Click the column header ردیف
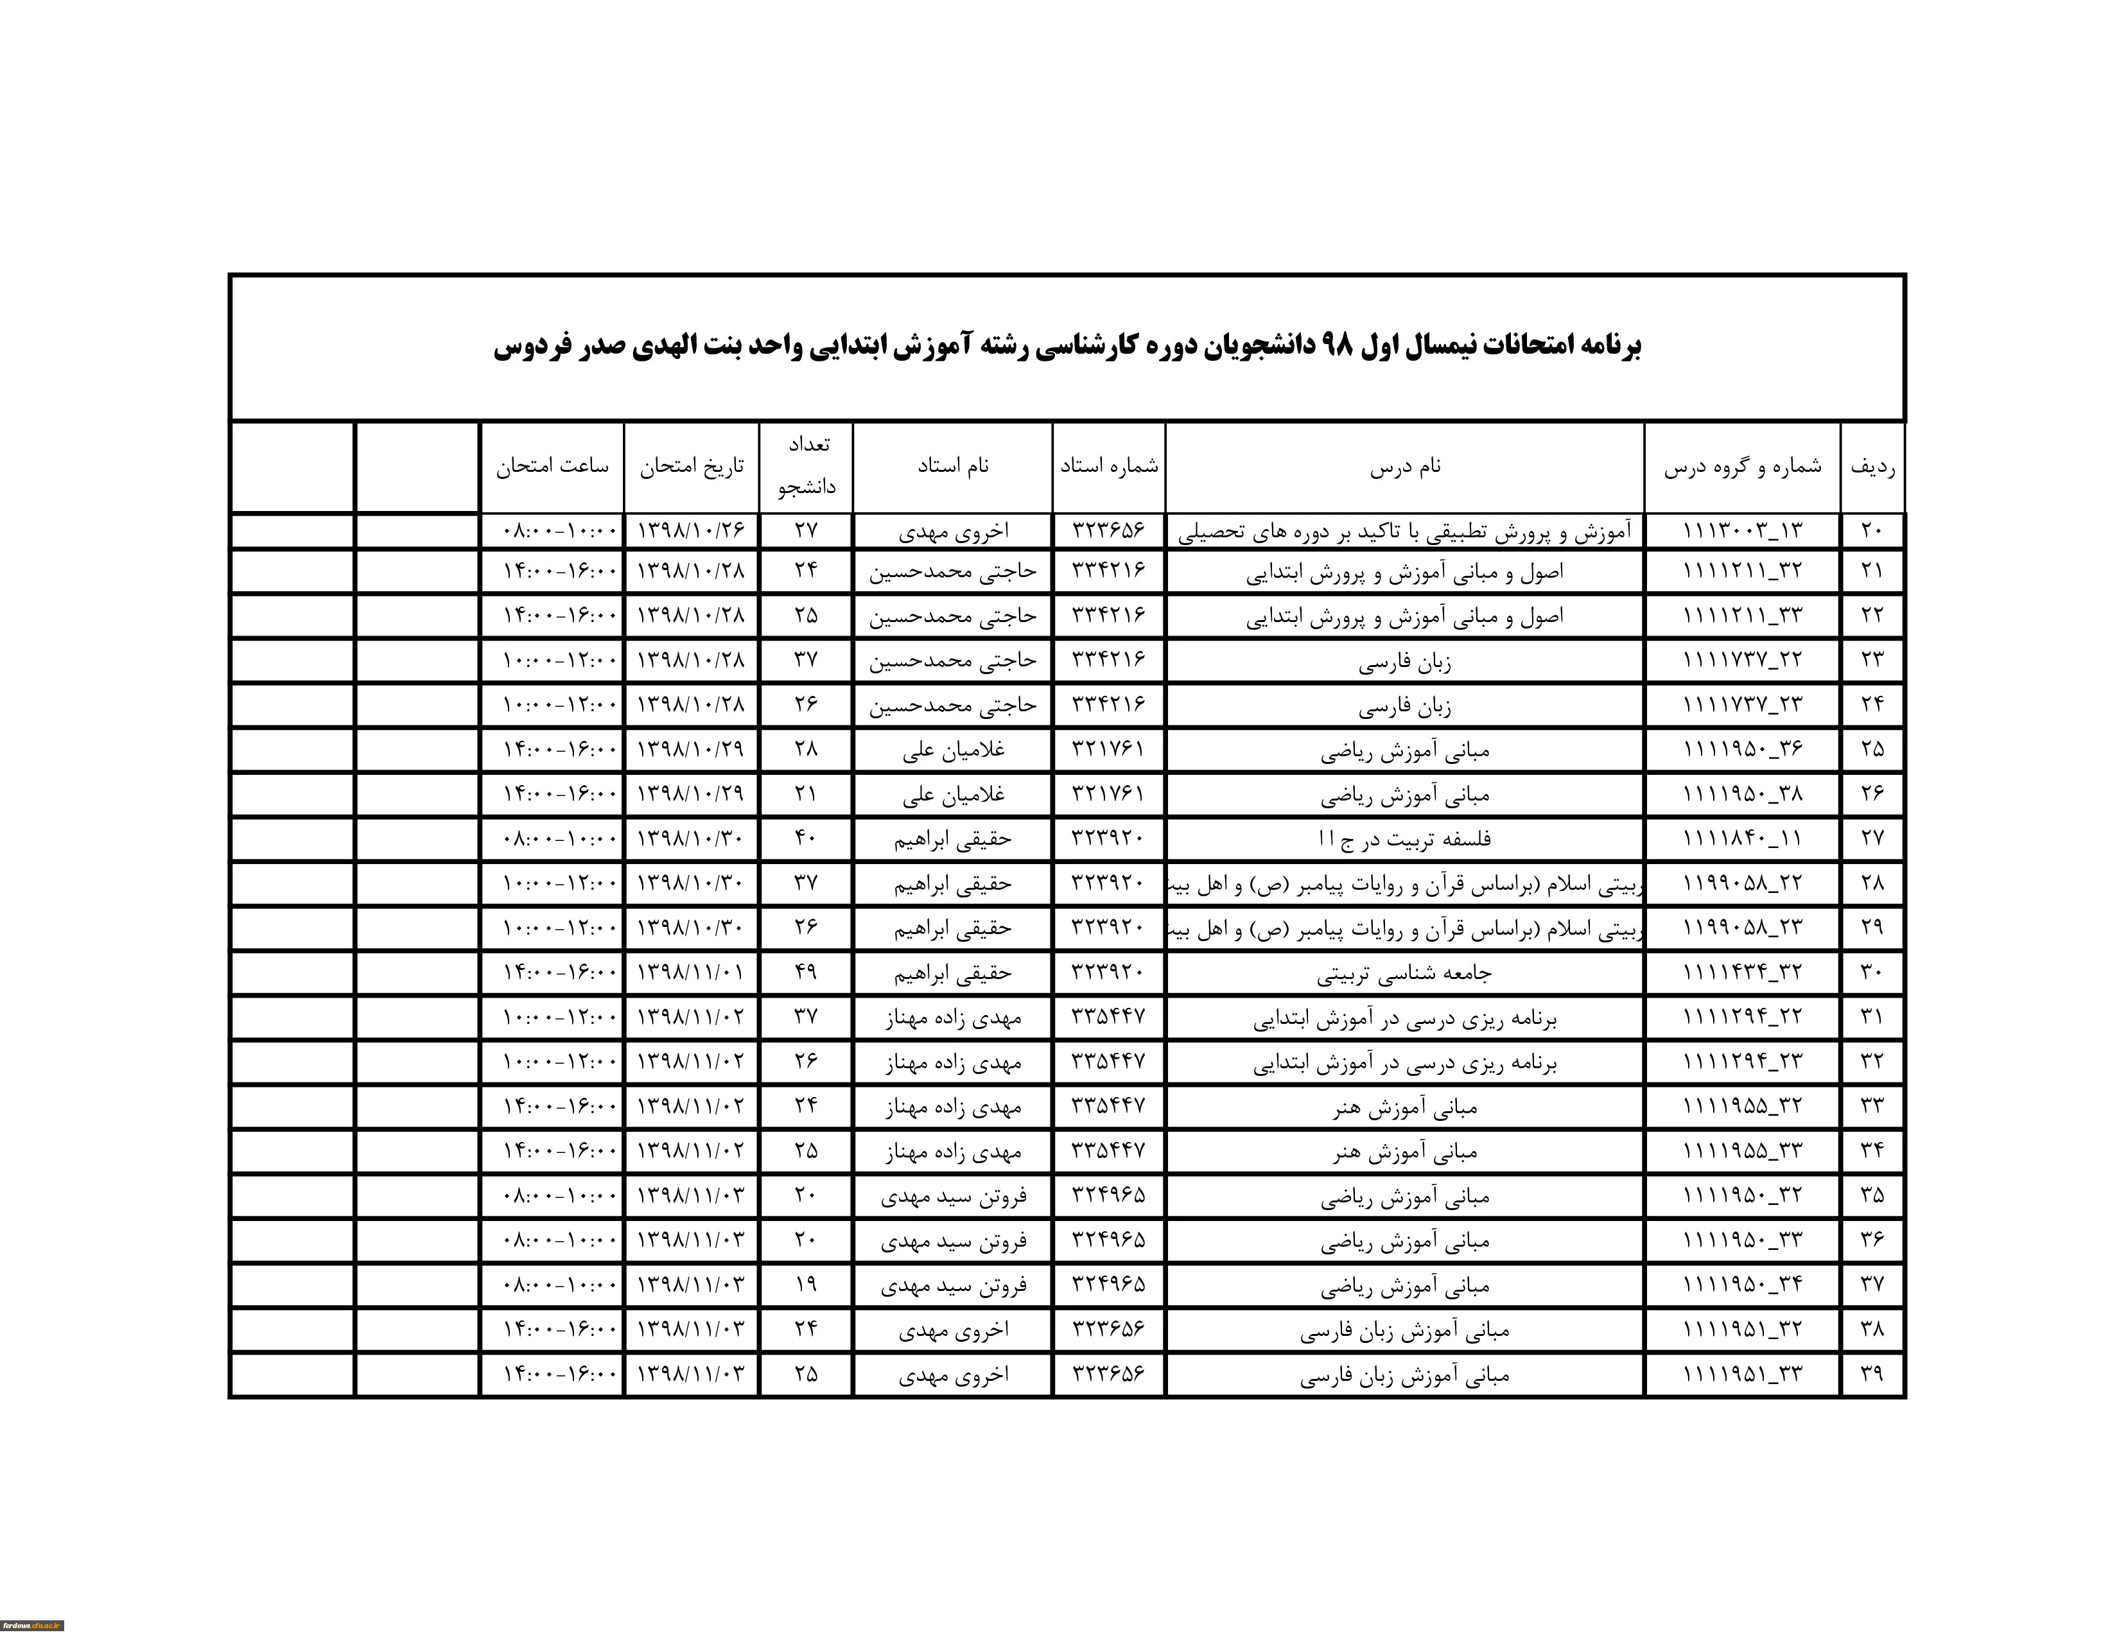coord(1872,467)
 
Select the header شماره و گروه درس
coord(1743,467)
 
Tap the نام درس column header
coord(1405,467)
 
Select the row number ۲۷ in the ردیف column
coord(1872,838)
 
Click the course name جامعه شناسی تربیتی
coord(1405,973)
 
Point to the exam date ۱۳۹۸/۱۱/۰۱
coord(691,972)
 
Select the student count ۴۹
coord(807,972)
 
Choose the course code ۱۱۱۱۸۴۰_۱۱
coord(1743,838)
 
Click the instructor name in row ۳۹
coord(953,1374)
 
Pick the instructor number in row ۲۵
coord(1108,749)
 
